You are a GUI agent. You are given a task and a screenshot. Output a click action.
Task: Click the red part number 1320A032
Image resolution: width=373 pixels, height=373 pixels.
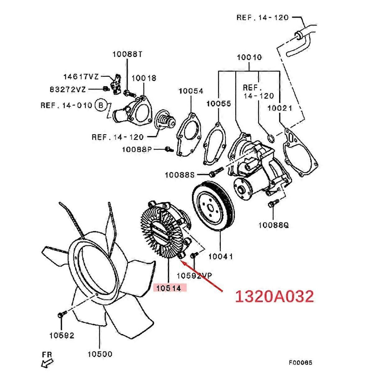274,297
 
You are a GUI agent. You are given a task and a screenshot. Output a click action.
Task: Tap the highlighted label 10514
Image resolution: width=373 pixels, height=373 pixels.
170,288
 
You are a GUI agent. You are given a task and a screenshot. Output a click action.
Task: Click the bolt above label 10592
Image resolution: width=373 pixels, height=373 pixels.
61,315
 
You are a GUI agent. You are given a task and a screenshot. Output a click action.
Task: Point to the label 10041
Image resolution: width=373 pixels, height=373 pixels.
221,256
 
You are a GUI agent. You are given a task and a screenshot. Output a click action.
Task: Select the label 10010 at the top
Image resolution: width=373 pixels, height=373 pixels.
249,58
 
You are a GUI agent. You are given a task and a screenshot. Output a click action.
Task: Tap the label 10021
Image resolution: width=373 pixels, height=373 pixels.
280,108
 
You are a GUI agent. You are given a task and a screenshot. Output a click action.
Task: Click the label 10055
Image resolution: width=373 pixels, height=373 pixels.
219,104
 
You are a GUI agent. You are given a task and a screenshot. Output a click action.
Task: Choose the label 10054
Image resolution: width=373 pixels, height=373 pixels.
191,91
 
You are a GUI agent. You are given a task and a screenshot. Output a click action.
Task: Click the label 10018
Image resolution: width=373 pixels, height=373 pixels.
144,78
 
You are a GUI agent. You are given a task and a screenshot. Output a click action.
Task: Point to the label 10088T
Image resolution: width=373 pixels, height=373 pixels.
127,54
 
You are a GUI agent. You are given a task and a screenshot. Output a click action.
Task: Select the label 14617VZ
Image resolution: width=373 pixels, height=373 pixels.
81,76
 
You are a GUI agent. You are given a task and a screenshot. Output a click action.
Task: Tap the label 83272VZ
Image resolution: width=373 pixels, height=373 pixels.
67,90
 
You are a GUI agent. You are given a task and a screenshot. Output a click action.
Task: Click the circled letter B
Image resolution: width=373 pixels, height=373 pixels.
100,105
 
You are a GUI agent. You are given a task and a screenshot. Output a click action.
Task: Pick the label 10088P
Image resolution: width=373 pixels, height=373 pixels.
137,150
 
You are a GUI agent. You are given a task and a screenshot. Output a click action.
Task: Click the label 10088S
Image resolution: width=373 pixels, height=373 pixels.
180,175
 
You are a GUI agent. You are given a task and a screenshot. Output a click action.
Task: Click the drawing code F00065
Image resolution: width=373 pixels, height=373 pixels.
300,362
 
